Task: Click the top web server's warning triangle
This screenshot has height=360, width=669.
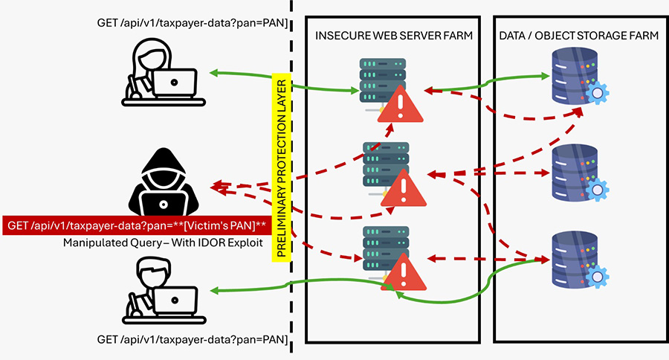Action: coord(400,105)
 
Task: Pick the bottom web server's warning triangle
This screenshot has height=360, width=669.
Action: coord(402,270)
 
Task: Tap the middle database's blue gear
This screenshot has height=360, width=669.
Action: coord(597,190)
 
